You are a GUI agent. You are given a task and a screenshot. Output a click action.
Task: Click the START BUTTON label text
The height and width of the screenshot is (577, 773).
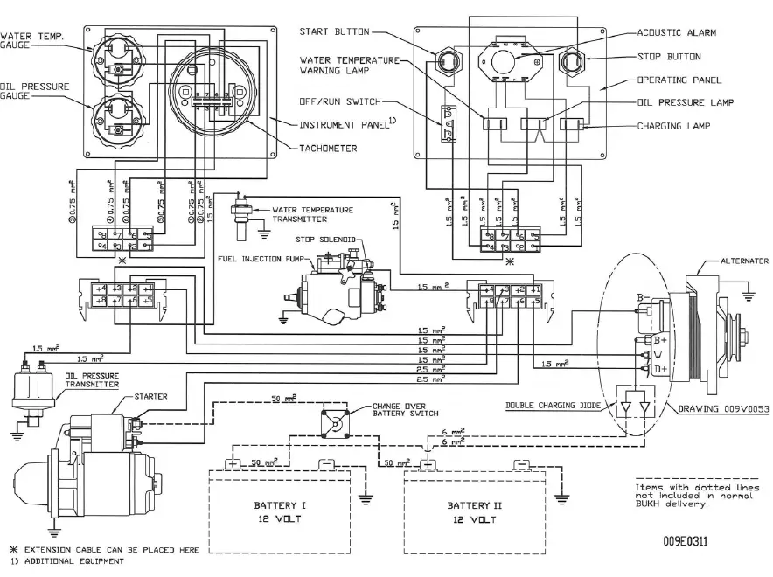pos(329,32)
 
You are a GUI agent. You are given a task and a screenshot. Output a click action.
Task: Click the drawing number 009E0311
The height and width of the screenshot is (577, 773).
pos(686,542)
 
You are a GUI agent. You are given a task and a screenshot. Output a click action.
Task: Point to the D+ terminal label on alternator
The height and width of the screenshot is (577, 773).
pos(661,370)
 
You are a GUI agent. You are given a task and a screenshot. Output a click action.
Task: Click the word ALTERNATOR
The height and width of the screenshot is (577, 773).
pos(744,261)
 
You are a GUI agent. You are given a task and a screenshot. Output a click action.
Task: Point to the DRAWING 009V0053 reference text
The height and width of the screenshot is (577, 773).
pos(723,408)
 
